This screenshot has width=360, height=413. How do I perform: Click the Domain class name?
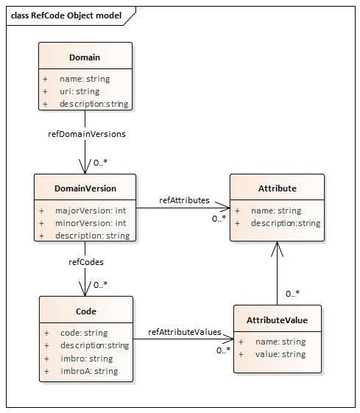[x=85, y=57]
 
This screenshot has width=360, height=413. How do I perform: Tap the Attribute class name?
[x=277, y=188]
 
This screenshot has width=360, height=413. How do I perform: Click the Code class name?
[x=86, y=311]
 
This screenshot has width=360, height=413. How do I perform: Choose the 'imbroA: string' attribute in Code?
[x=88, y=371]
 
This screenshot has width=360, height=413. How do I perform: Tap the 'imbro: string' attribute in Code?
[x=86, y=359]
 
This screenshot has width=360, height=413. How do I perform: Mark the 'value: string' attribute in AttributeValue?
[x=280, y=354]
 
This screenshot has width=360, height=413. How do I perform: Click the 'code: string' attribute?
[x=83, y=333]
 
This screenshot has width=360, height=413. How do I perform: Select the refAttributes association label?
[x=184, y=200]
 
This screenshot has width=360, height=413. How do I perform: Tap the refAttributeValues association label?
[x=184, y=332]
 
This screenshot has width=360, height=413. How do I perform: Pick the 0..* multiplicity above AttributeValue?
[x=292, y=294]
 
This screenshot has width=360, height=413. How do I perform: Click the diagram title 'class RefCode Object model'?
[x=66, y=15]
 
